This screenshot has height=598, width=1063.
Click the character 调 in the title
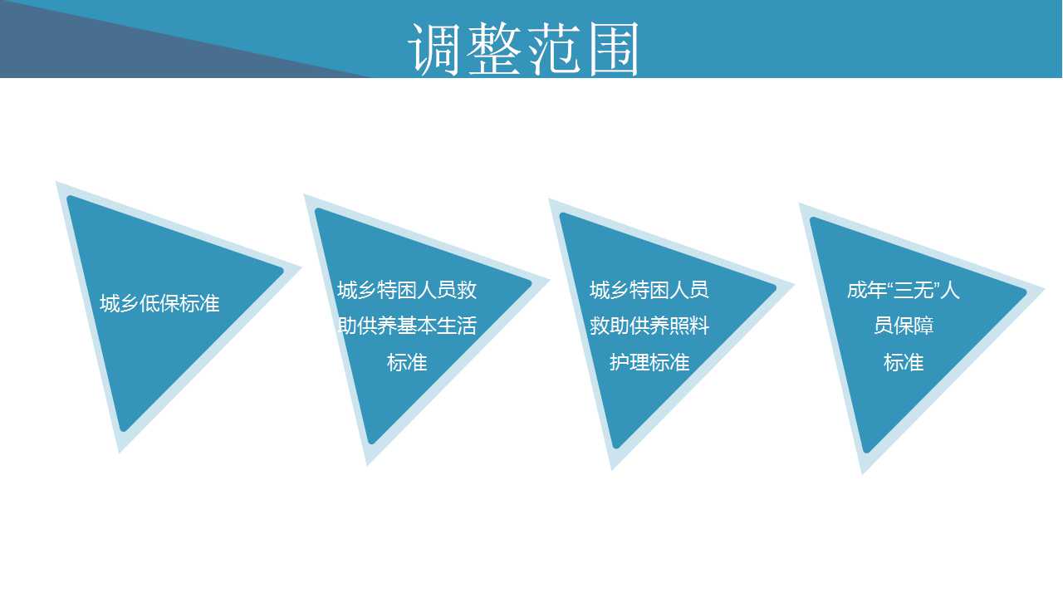(x=434, y=49)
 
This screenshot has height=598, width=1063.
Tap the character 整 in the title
(x=494, y=48)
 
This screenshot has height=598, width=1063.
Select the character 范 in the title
(x=554, y=49)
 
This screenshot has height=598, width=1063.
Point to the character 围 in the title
(x=613, y=49)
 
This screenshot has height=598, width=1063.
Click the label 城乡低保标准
(x=159, y=303)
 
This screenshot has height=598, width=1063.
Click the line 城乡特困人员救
(x=407, y=290)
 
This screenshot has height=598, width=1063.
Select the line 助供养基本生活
(x=407, y=326)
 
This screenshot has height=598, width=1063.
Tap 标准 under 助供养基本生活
(x=407, y=363)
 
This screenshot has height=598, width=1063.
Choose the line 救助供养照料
(x=649, y=326)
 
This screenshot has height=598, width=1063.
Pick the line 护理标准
(x=649, y=363)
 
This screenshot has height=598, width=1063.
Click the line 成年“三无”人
(x=903, y=290)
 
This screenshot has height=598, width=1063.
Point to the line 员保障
(x=904, y=326)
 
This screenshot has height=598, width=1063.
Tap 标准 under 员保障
(x=904, y=363)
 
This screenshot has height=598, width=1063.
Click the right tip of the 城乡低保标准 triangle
(x=301, y=268)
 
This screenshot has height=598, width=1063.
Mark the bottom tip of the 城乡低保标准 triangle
(x=120, y=453)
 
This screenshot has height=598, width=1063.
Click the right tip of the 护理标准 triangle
(x=793, y=285)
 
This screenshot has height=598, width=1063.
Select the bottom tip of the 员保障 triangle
(x=863, y=473)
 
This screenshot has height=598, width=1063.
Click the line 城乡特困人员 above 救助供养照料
(x=649, y=290)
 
